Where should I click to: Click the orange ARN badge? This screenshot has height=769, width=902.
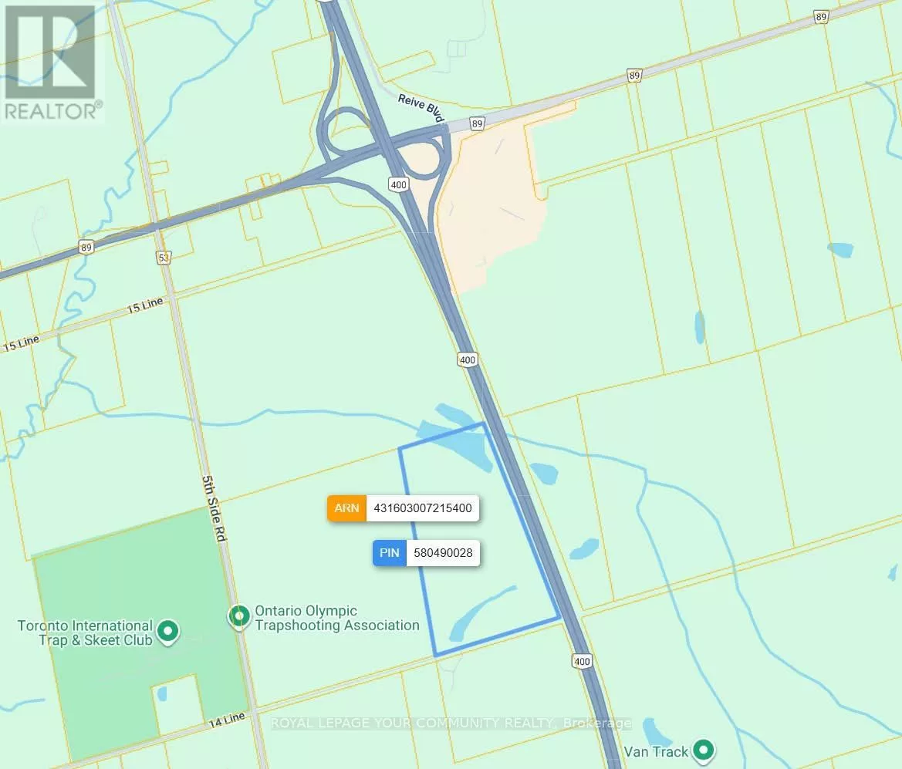(x=347, y=508)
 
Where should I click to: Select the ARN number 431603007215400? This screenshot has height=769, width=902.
(x=423, y=508)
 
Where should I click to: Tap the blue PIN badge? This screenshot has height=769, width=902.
(x=390, y=553)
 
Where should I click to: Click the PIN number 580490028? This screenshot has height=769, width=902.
(x=443, y=553)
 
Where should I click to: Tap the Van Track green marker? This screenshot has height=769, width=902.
(x=702, y=749)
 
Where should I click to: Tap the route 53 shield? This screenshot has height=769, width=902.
(x=163, y=257)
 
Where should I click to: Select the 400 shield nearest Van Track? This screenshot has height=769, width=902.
(x=582, y=661)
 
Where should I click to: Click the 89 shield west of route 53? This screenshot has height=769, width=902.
(x=86, y=248)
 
